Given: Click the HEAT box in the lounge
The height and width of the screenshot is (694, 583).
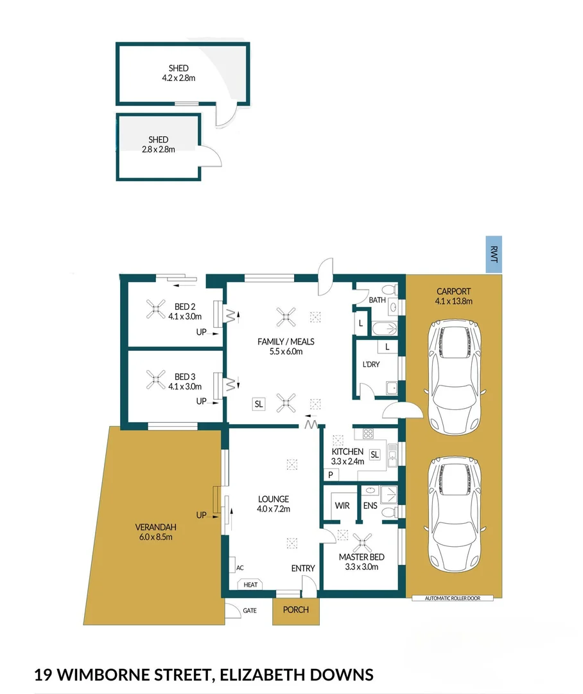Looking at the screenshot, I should pyautogui.click(x=250, y=585).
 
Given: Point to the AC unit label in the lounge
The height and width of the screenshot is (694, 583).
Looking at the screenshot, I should pyautogui.click(x=239, y=568).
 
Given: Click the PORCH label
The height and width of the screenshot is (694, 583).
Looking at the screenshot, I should pyautogui.click(x=296, y=610).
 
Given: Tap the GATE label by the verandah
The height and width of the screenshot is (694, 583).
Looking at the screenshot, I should pyautogui.click(x=250, y=610).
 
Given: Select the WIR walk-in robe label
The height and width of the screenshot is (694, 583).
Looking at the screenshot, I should pyautogui.click(x=342, y=506).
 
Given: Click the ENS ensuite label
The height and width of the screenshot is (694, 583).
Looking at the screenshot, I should pyautogui.click(x=370, y=506).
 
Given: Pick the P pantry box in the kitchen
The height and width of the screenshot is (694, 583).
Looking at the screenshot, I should pyautogui.click(x=331, y=476).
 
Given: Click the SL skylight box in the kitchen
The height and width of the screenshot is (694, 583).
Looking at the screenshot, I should pyautogui.click(x=375, y=454).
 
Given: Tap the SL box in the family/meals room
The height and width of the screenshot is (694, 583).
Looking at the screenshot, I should pyautogui.click(x=259, y=404).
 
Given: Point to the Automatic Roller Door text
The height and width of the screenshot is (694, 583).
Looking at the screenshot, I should pyautogui.click(x=452, y=598).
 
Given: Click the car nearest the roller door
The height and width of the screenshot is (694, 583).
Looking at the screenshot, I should pyautogui.click(x=455, y=513).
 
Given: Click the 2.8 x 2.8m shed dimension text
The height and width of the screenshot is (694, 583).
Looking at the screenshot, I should pyautogui.click(x=159, y=149).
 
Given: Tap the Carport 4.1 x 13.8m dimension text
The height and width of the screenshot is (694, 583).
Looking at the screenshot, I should pyautogui.click(x=455, y=301).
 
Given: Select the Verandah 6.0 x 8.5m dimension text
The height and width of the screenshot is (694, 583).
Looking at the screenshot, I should pyautogui.click(x=153, y=537).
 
